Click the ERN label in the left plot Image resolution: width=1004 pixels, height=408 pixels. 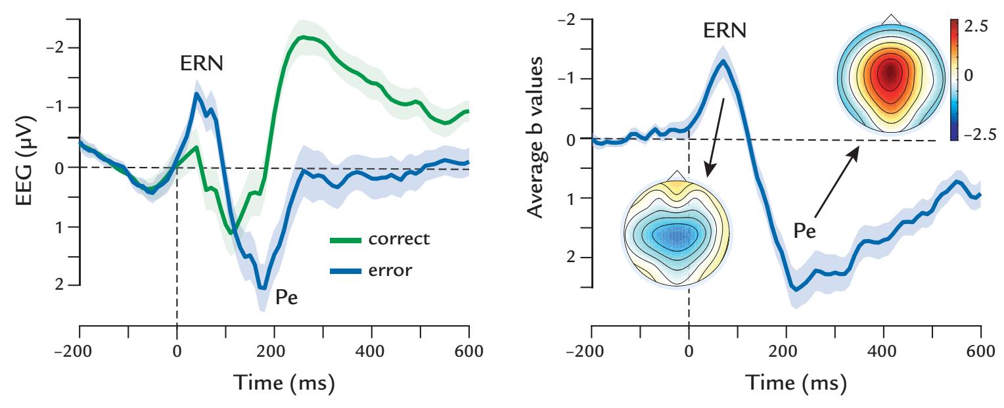202,64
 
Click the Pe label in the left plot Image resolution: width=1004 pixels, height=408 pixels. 286,298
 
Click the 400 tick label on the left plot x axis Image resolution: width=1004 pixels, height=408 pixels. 372,352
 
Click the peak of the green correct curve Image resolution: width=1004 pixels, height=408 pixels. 302,37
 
